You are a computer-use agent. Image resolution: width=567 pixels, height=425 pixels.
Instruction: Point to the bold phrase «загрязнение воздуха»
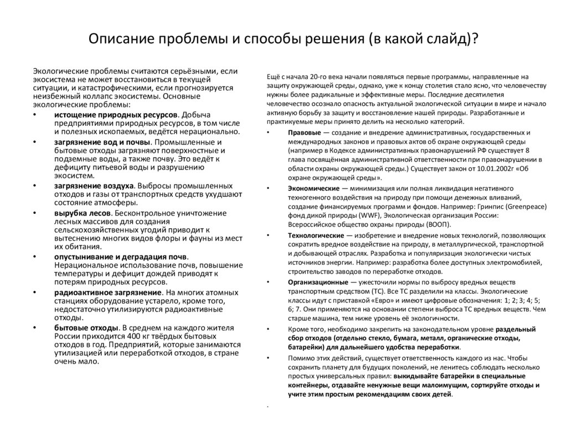coord(94,185)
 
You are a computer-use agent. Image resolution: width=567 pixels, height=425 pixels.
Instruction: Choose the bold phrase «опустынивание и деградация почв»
coord(120,257)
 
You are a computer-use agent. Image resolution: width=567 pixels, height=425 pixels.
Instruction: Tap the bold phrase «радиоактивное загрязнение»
coord(108,291)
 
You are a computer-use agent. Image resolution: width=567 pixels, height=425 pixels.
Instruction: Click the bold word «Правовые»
coord(303,132)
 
